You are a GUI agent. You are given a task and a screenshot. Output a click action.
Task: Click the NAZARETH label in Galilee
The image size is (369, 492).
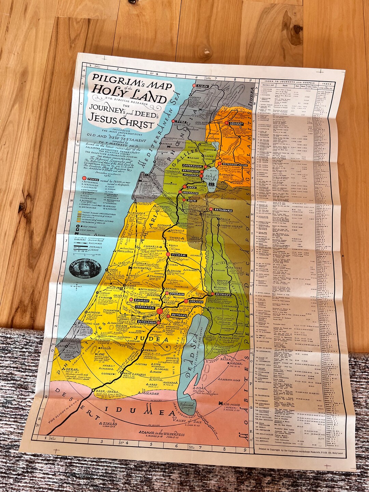click(x=190, y=193)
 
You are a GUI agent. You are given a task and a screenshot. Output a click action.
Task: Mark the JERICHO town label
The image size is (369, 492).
click(x=196, y=302)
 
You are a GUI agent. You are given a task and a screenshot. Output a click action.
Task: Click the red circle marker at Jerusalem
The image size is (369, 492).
click(x=160, y=311)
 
